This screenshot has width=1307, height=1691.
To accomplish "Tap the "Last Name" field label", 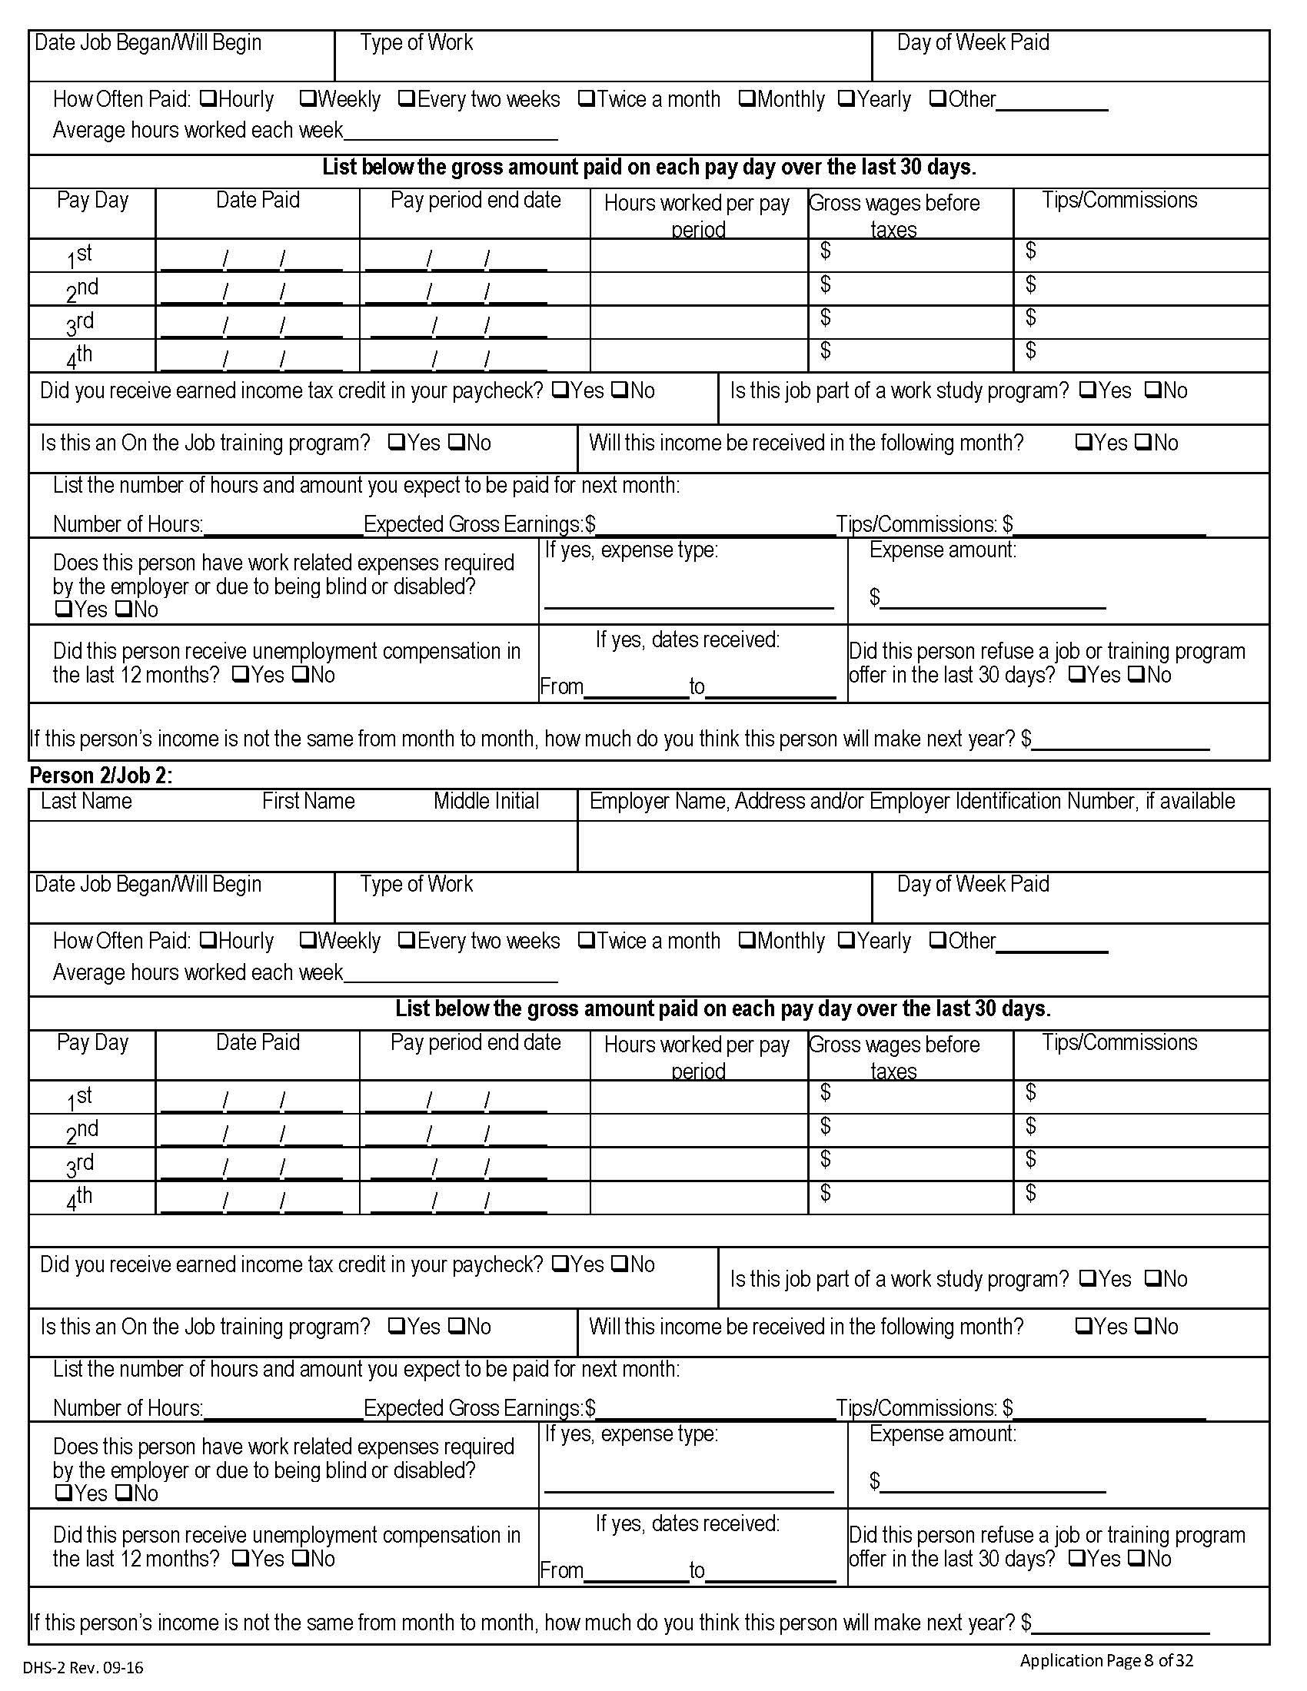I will (x=86, y=801).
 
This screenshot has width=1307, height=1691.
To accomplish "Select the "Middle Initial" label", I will (x=485, y=801).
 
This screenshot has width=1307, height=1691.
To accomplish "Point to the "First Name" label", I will (x=308, y=801).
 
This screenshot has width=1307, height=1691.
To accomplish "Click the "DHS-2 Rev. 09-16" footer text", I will (x=83, y=1667).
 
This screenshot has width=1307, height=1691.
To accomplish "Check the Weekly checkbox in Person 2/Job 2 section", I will (x=307, y=940).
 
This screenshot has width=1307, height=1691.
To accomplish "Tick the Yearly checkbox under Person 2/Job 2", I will (x=846, y=940).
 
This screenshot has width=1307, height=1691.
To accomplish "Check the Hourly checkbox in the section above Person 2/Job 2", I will (x=208, y=98).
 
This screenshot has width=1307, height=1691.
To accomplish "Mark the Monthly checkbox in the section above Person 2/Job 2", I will (x=747, y=98).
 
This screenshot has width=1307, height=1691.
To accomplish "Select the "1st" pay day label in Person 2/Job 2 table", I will (x=80, y=1098).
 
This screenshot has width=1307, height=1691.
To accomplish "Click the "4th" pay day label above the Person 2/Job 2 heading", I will (x=80, y=357).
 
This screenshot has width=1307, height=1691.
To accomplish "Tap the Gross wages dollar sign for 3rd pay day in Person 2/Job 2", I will (x=826, y=1158).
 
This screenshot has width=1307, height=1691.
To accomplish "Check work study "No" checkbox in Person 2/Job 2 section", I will (x=1152, y=1278).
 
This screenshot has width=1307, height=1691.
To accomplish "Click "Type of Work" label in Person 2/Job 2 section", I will (x=416, y=883).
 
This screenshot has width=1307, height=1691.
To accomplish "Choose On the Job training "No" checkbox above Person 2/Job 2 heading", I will (x=457, y=442).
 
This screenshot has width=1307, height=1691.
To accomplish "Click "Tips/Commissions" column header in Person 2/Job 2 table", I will (x=1119, y=1042).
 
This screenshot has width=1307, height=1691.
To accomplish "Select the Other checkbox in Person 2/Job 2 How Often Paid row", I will (x=937, y=940).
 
